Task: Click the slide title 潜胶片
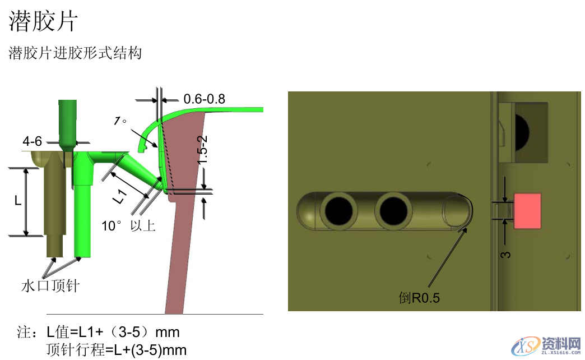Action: [43, 21]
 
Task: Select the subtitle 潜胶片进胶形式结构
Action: [75, 53]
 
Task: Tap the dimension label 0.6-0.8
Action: [205, 99]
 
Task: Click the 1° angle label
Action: [120, 121]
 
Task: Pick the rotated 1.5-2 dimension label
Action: [202, 150]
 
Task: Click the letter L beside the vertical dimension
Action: [18, 201]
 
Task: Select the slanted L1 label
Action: [120, 197]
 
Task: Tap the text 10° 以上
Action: [128, 225]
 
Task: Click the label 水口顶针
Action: [50, 285]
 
